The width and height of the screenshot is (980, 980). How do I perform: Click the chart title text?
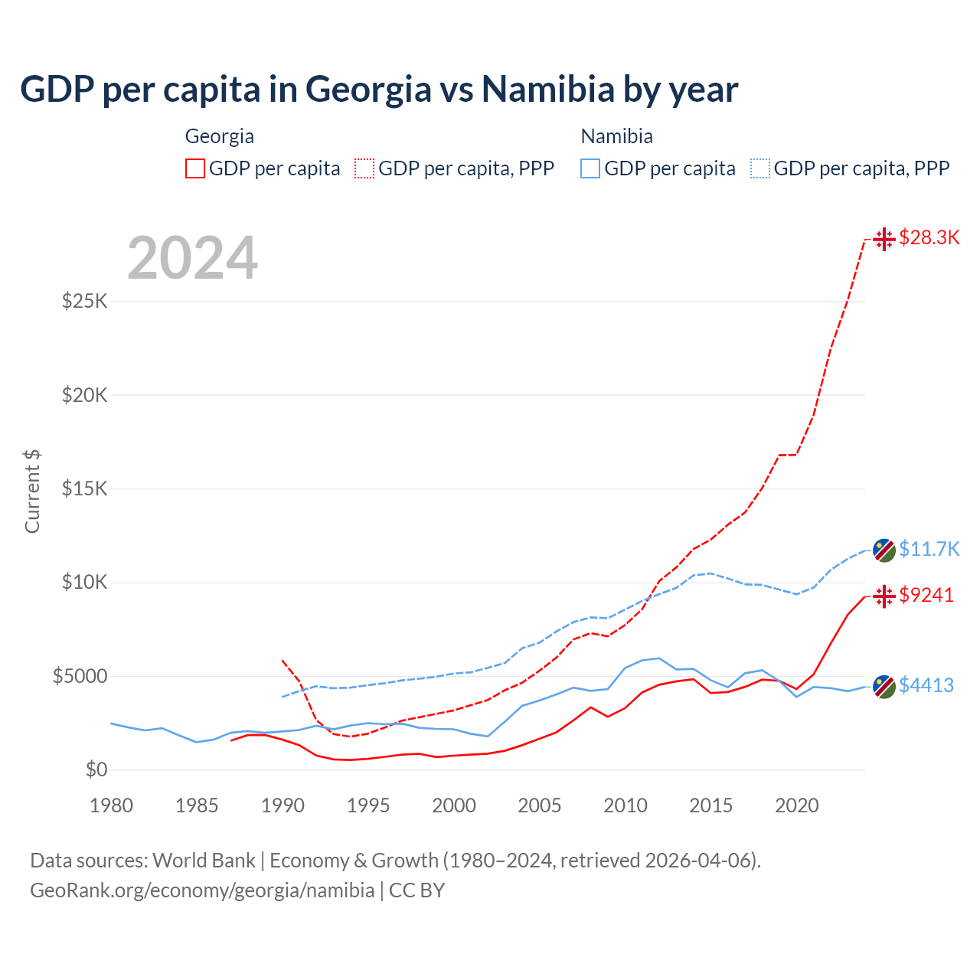pyautogui.click(x=379, y=90)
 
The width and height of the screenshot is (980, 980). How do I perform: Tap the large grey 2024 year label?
pyautogui.click(x=192, y=259)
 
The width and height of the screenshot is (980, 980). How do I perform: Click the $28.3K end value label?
pyautogui.click(x=929, y=238)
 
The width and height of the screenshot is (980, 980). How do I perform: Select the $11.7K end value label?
pyautogui.click(x=929, y=549)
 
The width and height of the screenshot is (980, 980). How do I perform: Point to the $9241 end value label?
pyautogui.click(x=926, y=595)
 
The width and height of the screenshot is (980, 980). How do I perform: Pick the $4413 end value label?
pyautogui.click(x=926, y=685)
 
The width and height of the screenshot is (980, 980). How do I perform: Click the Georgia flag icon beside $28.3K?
pyautogui.click(x=884, y=239)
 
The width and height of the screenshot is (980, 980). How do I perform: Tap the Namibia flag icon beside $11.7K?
pyautogui.click(x=884, y=550)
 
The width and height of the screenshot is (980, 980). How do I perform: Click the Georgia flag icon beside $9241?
pyautogui.click(x=884, y=596)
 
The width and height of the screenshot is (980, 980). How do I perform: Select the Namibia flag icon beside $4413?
pyautogui.click(x=884, y=687)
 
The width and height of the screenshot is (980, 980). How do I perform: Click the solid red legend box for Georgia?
pyautogui.click(x=195, y=168)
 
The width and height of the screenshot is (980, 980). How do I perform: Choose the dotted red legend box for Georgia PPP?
pyautogui.click(x=364, y=168)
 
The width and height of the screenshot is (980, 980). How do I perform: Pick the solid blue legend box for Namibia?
pyautogui.click(x=590, y=168)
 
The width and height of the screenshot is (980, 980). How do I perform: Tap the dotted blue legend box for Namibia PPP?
pyautogui.click(x=760, y=168)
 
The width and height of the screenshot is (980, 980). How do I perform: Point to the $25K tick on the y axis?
pyautogui.click(x=84, y=301)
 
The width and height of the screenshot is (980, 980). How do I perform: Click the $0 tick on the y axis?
pyautogui.click(x=96, y=769)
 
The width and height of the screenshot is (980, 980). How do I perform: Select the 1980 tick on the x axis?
pyautogui.click(x=111, y=805)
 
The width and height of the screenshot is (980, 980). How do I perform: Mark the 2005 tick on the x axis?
pyautogui.click(x=540, y=805)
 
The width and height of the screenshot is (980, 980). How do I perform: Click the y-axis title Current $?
pyautogui.click(x=32, y=492)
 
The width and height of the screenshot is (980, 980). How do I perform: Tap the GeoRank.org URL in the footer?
pyautogui.click(x=202, y=890)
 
